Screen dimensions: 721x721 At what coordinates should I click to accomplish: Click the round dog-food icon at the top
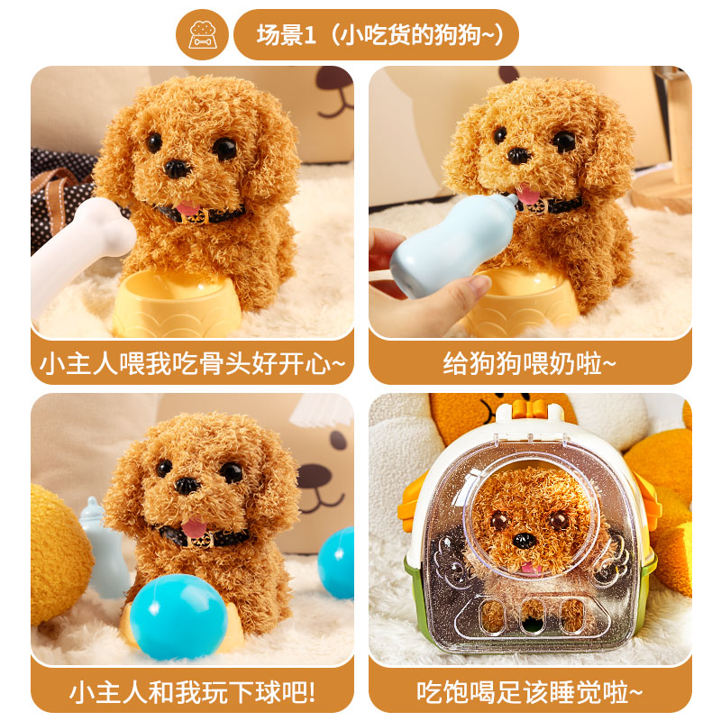coord(202,34)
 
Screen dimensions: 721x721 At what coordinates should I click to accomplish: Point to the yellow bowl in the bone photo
coord(178,304)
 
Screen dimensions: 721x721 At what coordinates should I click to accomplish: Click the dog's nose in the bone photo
coord(177,169)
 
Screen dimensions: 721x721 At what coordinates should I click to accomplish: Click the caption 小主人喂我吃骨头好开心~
coord(192,364)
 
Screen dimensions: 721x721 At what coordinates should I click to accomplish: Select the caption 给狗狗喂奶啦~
coord(529,364)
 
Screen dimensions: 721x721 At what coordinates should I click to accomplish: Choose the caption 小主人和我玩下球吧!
coord(192,692)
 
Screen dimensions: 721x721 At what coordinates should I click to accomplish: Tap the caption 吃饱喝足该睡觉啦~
coord(529,692)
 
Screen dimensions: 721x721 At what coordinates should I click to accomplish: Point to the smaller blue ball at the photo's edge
coord(336,562)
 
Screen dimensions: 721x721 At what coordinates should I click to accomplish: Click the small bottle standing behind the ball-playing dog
coord(104,547)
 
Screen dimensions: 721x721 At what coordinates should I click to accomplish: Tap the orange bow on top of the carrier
coord(530,409)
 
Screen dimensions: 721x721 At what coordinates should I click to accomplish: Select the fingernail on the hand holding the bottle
coord(479,283)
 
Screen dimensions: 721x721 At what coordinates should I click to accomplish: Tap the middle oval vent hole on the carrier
coord(533,616)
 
